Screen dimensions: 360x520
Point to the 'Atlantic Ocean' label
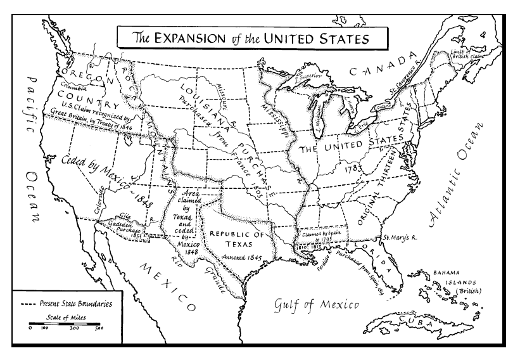(455, 177)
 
